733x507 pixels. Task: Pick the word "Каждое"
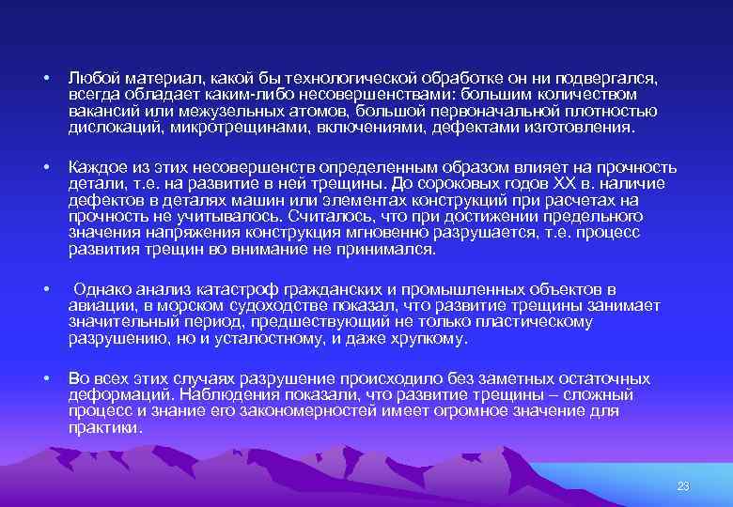coord(96,167)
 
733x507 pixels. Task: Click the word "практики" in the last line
coord(105,427)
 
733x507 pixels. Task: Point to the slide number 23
coord(683,485)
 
